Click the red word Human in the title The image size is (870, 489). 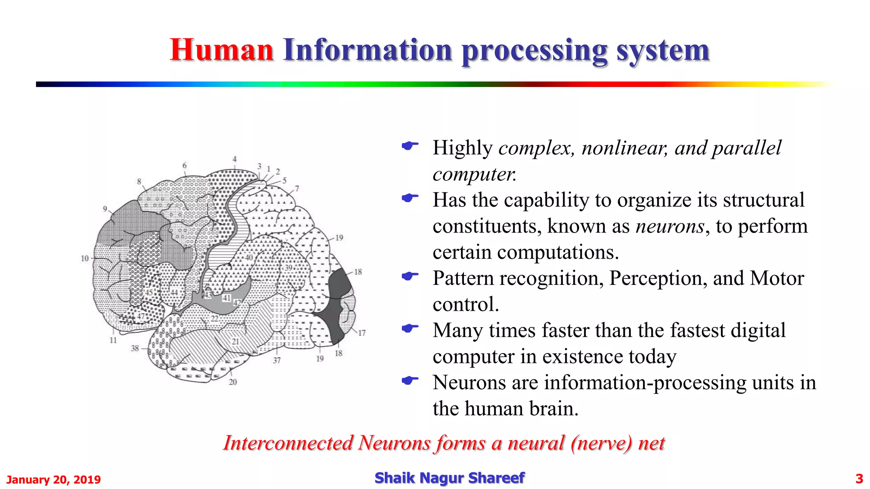point(221,50)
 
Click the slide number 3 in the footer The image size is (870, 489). point(859,479)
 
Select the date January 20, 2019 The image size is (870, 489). point(54,480)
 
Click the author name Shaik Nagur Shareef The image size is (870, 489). point(449,478)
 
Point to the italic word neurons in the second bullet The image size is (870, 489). point(670,226)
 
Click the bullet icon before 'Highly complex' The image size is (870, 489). point(410,146)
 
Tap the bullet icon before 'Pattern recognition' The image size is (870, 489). point(410,276)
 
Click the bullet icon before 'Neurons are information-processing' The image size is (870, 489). point(410,380)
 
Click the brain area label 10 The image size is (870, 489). point(85,258)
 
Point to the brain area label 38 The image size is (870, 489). point(135,348)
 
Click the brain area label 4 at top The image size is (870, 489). point(234,159)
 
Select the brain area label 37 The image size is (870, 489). point(277,360)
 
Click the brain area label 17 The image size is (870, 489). point(362,333)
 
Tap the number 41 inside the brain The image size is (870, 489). point(226,298)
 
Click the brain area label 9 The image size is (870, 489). point(105,208)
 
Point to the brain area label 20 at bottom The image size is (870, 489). point(233,382)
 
